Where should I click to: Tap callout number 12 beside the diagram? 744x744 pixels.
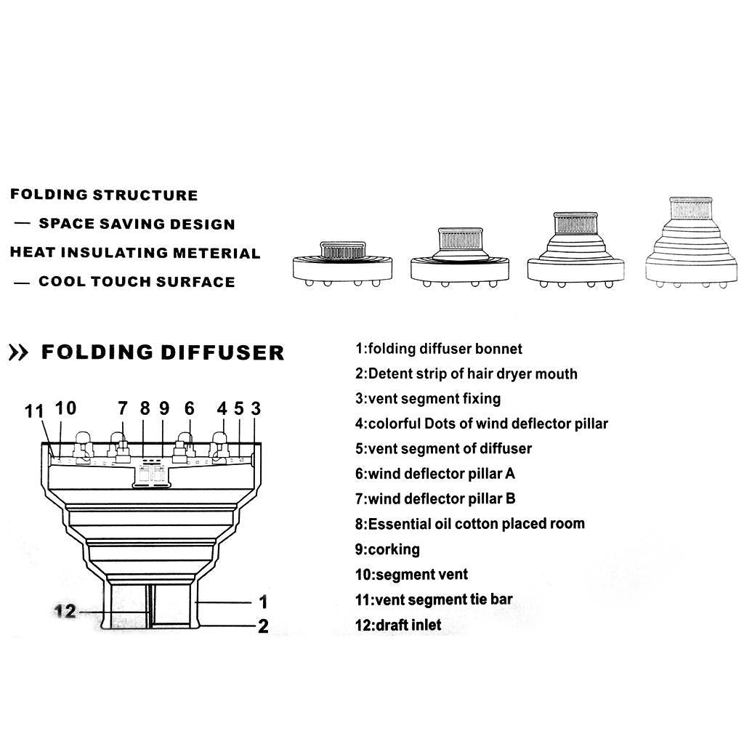point(65,611)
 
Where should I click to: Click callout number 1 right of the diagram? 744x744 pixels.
point(263,602)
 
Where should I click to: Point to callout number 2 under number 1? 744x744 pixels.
point(263,626)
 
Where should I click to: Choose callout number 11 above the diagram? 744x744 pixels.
point(34,411)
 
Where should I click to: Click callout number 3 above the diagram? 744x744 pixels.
point(256,408)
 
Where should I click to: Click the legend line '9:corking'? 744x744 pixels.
point(387,549)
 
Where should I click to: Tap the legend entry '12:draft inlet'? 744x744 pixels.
point(398,625)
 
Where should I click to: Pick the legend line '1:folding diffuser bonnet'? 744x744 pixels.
point(439,349)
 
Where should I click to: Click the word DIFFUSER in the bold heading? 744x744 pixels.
point(222,353)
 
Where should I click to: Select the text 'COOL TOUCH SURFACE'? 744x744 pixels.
point(137,282)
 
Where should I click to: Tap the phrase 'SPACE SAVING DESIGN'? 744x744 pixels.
point(137,224)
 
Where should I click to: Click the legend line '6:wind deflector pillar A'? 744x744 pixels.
point(435,474)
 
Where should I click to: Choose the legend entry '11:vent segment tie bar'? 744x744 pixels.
point(434,600)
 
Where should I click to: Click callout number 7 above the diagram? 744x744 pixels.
point(123,408)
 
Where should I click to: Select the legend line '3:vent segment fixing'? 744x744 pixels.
point(428,399)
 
